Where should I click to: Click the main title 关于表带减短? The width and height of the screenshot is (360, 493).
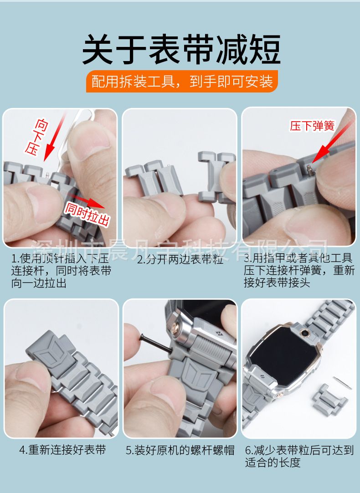(x=181, y=49)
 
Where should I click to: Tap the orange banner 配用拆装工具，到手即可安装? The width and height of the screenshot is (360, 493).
(x=182, y=82)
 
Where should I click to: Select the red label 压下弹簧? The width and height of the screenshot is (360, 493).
(x=312, y=126)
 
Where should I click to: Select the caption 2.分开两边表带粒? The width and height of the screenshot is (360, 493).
(x=180, y=259)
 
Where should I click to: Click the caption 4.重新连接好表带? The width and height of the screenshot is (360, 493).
(x=62, y=450)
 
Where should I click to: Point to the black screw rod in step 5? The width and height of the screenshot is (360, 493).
(x=155, y=344)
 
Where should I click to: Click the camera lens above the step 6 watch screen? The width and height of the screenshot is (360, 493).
(x=303, y=333)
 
